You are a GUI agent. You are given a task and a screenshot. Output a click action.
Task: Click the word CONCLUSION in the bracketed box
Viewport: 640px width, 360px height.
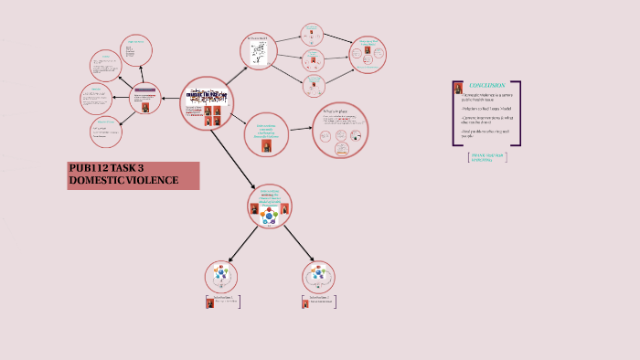tap(486, 85)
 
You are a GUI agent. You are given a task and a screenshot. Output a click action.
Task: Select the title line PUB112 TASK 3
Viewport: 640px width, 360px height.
tap(106, 168)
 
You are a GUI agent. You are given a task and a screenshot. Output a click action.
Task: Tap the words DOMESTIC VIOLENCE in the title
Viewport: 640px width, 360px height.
tap(123, 181)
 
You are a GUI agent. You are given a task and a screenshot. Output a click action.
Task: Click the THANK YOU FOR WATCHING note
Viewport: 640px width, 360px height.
tap(487, 157)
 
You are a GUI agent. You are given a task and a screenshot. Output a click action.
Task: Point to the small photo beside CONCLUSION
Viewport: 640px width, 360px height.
tap(458, 88)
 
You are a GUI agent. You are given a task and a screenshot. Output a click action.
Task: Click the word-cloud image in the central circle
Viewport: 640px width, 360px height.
tap(208, 95)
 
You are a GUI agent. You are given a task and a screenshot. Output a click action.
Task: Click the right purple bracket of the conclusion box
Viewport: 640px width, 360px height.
tap(519, 113)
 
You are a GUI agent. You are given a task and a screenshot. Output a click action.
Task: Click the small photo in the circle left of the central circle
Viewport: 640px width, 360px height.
tap(144, 105)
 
